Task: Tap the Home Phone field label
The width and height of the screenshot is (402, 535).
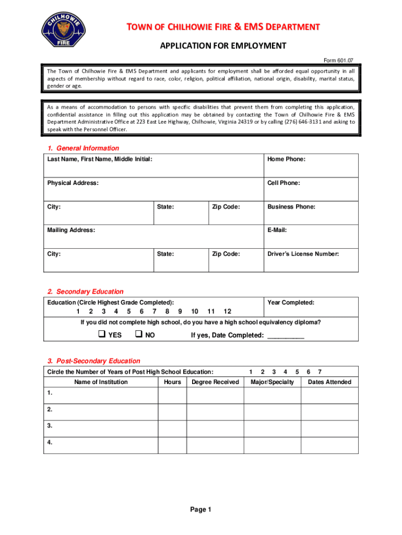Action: (286, 159)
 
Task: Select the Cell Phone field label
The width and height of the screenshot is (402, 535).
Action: (283, 183)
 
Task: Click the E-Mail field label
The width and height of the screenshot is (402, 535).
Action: (277, 230)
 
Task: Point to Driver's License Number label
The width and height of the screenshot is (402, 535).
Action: (303, 254)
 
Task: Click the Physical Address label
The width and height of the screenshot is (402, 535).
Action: (73, 183)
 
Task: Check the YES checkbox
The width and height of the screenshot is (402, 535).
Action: (102, 334)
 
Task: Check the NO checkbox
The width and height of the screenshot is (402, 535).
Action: (139, 334)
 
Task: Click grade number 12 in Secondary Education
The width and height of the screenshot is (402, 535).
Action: (227, 311)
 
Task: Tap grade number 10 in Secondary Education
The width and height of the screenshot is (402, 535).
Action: (194, 311)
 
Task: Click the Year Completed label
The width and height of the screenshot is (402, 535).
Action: (291, 303)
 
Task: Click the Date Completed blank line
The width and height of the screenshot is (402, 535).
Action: (285, 335)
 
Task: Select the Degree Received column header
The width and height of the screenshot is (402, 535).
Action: (215, 382)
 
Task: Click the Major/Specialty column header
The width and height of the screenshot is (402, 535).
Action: (272, 382)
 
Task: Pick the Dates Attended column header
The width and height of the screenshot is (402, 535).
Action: (329, 382)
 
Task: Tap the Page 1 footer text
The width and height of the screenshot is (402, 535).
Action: (200, 510)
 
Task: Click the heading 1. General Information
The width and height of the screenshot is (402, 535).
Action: (83, 148)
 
